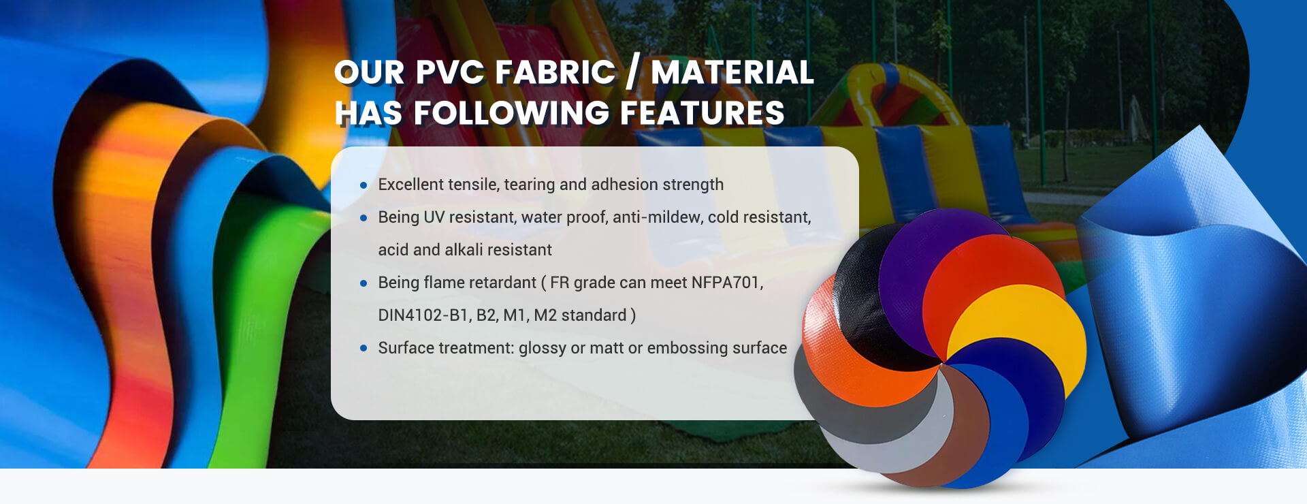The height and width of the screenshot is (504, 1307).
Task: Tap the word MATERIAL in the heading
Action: click(x=732, y=72)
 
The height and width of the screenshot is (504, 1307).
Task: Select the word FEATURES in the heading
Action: click(x=703, y=113)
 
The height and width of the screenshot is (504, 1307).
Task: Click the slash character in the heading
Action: click(x=633, y=72)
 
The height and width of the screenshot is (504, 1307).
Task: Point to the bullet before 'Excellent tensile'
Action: click(x=364, y=185)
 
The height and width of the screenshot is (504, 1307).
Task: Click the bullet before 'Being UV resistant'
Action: click(x=364, y=217)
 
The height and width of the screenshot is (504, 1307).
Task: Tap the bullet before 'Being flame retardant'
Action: click(x=364, y=283)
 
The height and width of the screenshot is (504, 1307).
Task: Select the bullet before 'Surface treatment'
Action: click(x=364, y=348)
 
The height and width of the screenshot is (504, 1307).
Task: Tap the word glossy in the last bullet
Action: click(x=543, y=349)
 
